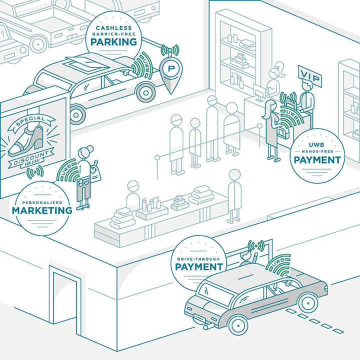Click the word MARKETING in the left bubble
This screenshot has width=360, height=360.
coord(42,210)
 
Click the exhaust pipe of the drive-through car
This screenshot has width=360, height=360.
coord(206,327)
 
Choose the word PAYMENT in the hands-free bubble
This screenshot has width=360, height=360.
coord(317,160)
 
